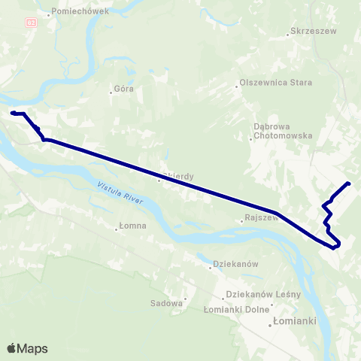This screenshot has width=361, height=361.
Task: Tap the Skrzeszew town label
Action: click(315, 32)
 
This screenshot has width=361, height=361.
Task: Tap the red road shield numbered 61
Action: click(30, 23)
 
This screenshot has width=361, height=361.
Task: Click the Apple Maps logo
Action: click(27, 348)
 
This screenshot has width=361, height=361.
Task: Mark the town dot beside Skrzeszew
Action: click(290, 33)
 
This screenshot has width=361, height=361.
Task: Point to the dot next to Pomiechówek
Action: click(49, 14)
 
